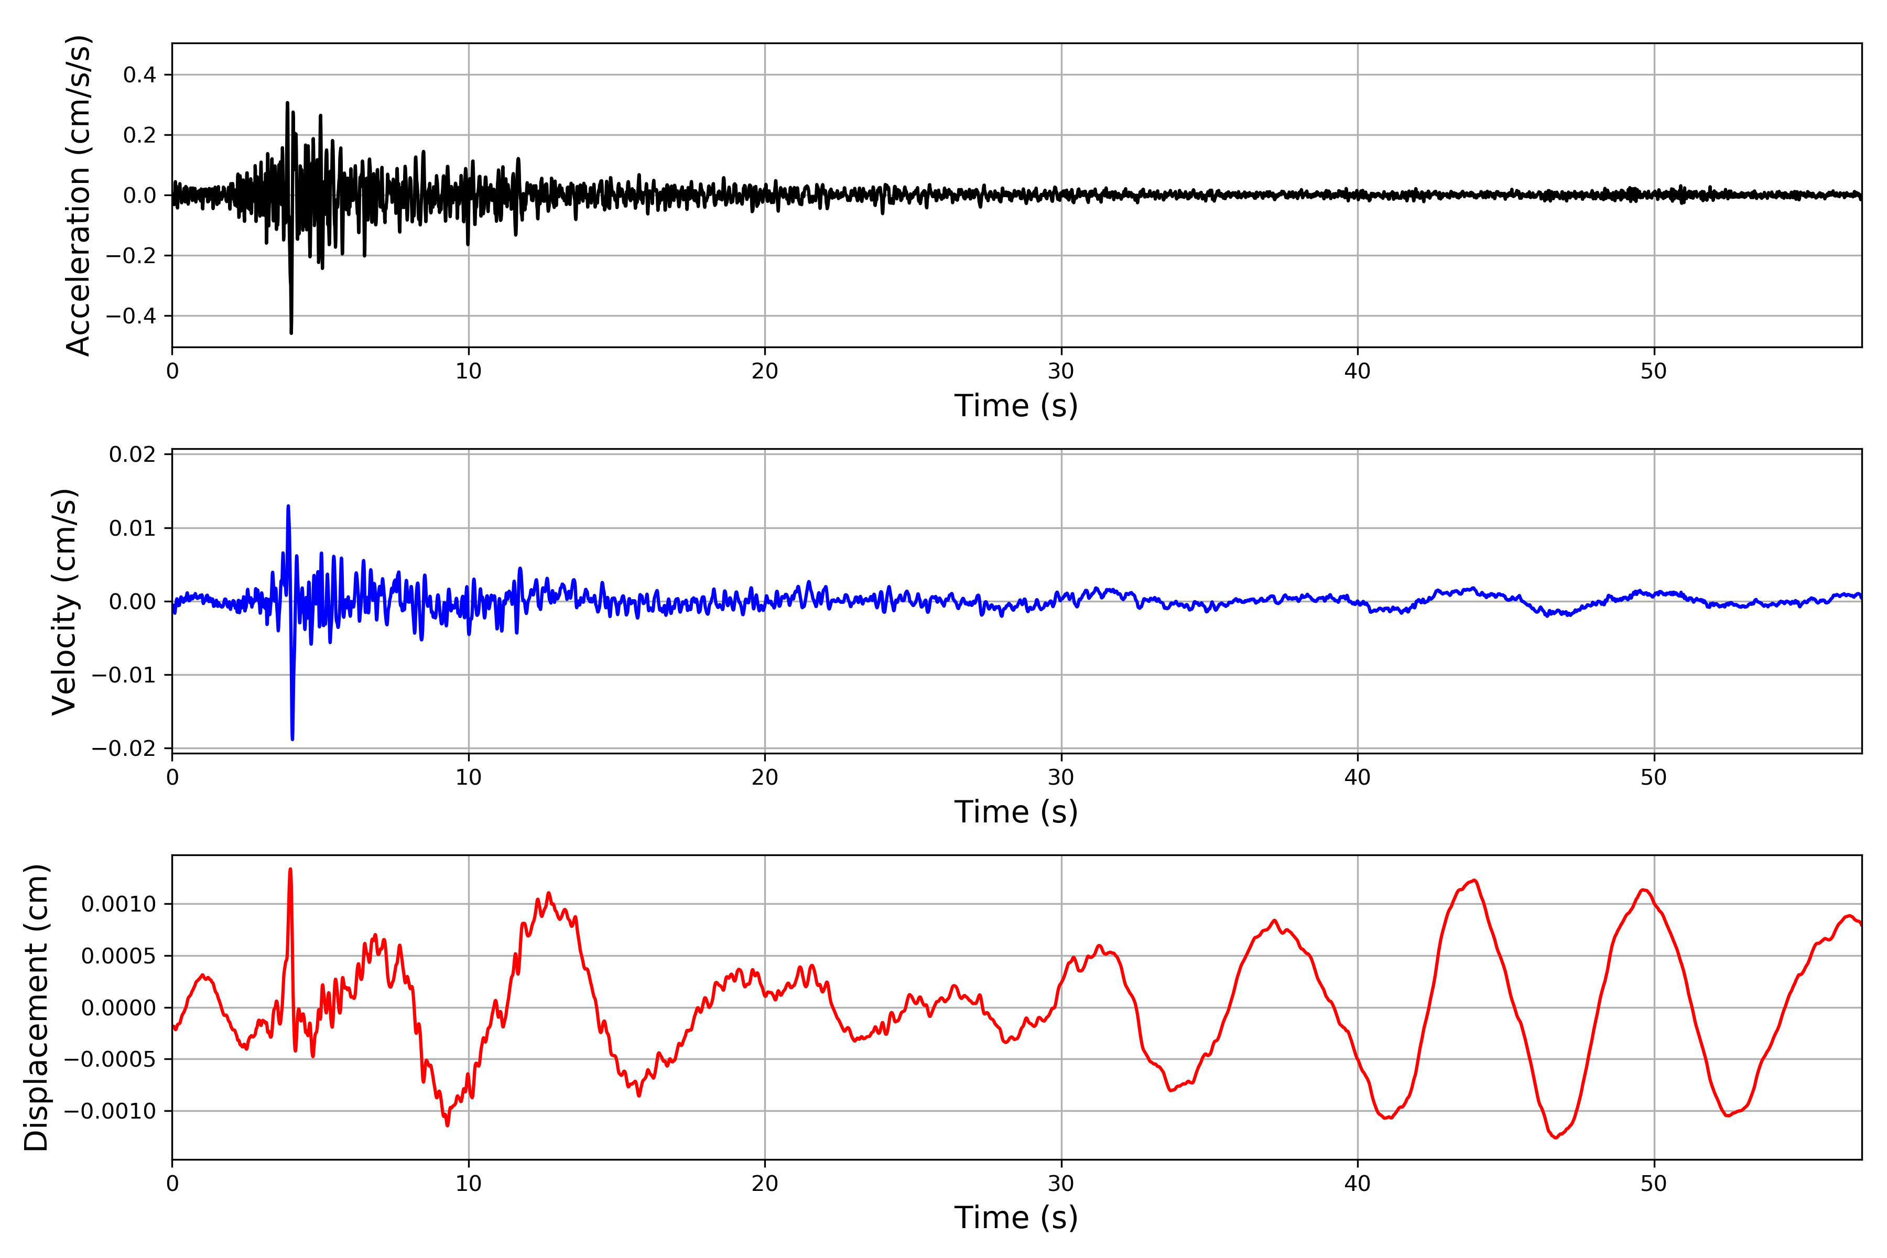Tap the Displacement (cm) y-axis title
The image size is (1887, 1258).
(x=36, y=1007)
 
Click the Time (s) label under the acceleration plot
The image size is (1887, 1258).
(x=1016, y=405)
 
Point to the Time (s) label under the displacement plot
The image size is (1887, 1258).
(x=1016, y=1217)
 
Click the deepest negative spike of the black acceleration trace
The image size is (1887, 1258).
(x=291, y=332)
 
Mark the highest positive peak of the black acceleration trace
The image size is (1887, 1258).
(x=287, y=103)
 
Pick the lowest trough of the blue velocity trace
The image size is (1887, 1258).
(x=292, y=738)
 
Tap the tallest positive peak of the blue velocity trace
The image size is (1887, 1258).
(x=288, y=506)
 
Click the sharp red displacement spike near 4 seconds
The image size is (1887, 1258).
(x=290, y=870)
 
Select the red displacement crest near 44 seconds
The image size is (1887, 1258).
(x=1474, y=881)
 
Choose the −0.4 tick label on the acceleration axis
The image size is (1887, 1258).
(x=131, y=316)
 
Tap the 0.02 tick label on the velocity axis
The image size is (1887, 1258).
(x=133, y=455)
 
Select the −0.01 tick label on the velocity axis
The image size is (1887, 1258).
(x=124, y=675)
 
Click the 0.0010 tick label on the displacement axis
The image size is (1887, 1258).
(x=119, y=904)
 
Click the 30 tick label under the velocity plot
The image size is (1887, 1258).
(x=1060, y=777)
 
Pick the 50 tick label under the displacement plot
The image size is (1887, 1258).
(x=1654, y=1183)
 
